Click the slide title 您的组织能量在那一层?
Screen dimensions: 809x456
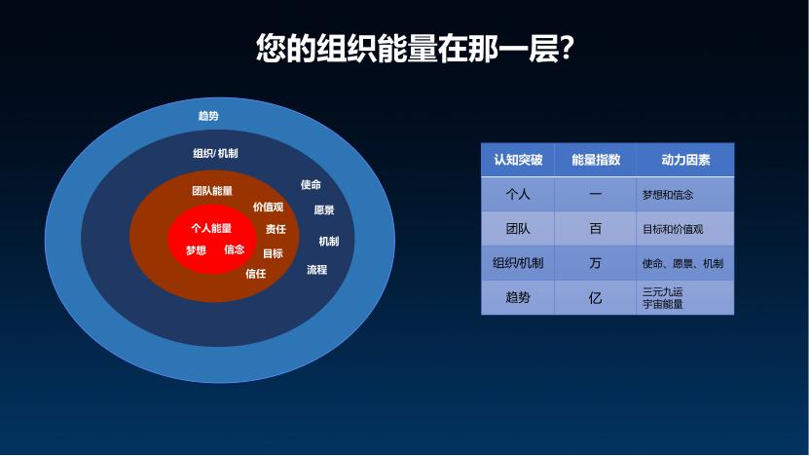point(415,49)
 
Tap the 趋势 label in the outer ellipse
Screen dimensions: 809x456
point(208,116)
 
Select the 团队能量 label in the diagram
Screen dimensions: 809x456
point(212,191)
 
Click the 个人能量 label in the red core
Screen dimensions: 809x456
point(211,228)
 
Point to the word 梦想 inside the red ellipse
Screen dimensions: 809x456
point(196,250)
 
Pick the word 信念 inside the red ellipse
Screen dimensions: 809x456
point(235,249)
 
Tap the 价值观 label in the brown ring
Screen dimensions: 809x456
point(269,208)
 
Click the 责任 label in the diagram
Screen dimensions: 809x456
point(276,229)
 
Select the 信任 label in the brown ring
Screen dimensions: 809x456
point(255,273)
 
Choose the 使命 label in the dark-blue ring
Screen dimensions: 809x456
point(311,184)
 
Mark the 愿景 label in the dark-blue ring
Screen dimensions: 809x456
point(324,209)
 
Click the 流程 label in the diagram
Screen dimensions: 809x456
point(316,269)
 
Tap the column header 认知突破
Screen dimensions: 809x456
point(518,160)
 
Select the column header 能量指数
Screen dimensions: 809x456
point(596,160)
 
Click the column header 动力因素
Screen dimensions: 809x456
point(685,160)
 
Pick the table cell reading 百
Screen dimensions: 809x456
point(596,228)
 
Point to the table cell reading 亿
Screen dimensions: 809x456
point(596,297)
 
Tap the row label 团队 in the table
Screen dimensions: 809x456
point(518,228)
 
